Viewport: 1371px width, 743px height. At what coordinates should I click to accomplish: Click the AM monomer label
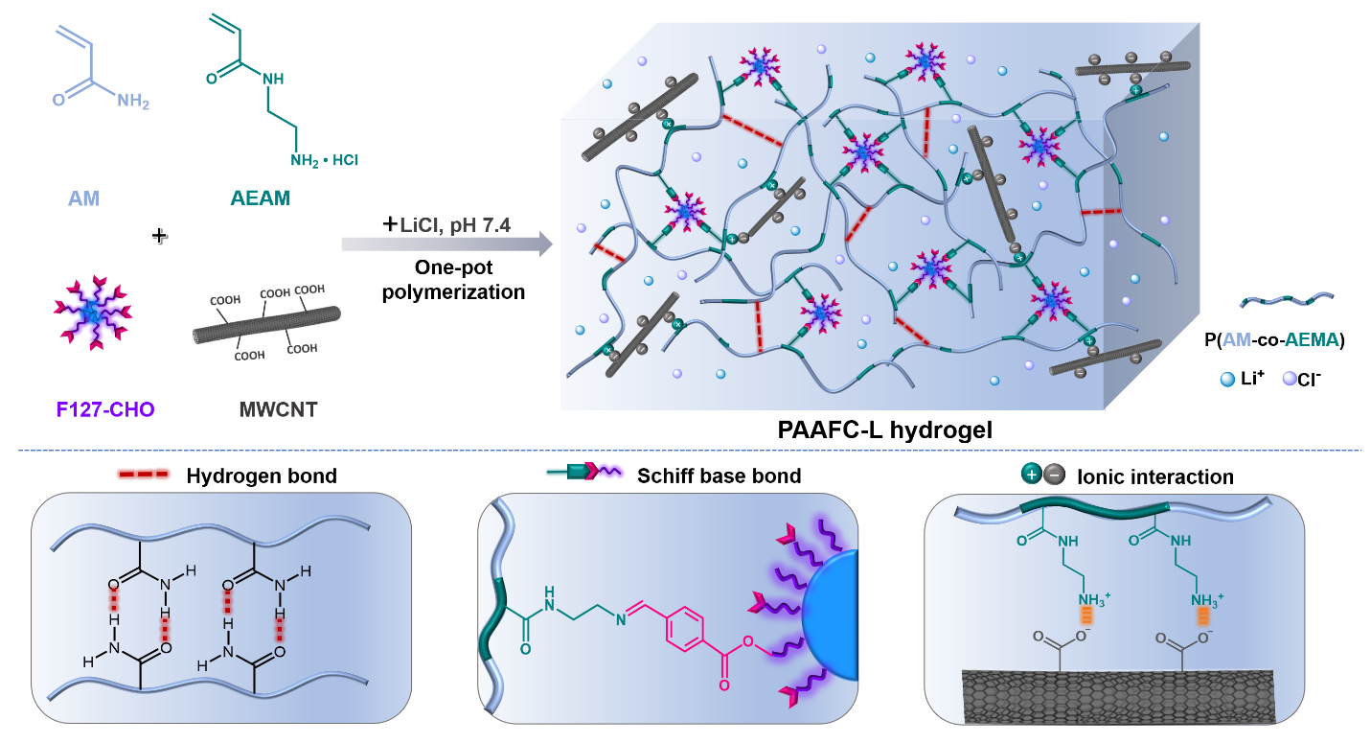[x=83, y=199]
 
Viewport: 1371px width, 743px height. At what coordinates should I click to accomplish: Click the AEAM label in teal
[x=260, y=198]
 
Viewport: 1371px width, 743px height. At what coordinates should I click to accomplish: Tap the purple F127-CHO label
[x=92, y=411]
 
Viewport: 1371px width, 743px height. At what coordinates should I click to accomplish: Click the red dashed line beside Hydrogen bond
[x=142, y=476]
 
